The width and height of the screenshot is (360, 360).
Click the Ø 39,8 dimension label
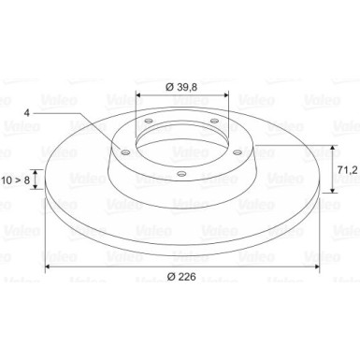(x=180, y=87)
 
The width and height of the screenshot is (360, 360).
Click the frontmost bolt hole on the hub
(x=179, y=175)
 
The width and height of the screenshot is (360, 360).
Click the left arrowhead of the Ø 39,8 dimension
(x=138, y=94)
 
